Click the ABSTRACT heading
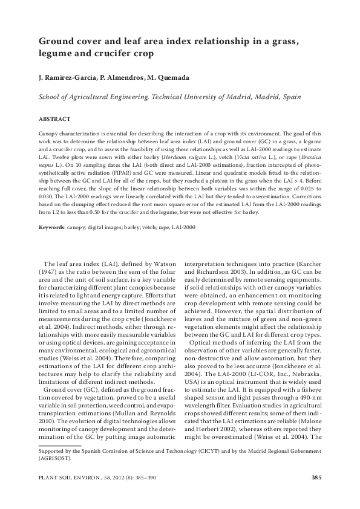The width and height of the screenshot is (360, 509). coord(54,119)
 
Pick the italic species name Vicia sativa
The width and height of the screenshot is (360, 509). coord(249,154)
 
